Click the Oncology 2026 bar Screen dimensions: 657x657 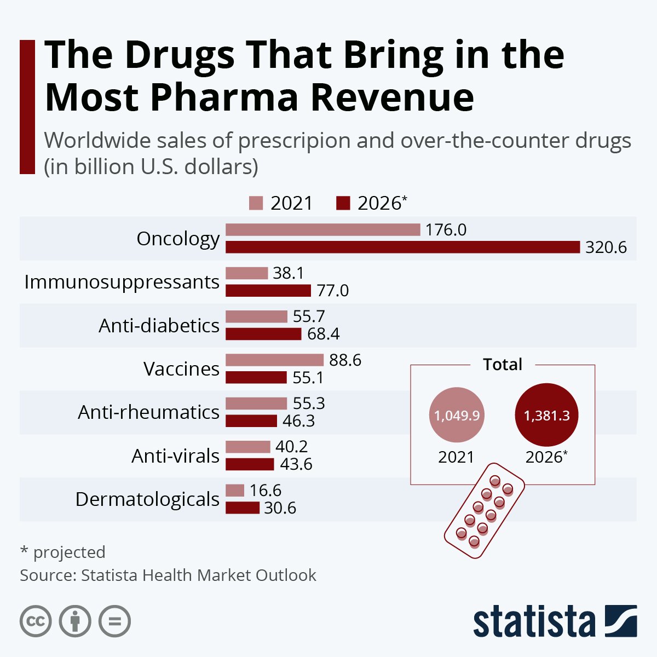[402, 247]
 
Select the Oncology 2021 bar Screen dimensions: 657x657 [323, 230]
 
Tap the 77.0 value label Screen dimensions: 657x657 [332, 290]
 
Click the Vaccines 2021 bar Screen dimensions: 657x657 [275, 360]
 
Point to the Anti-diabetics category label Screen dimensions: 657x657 [159, 326]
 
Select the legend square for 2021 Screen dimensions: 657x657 [256, 203]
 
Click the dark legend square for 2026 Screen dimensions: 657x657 [343, 203]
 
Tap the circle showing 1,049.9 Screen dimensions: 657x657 [457, 416]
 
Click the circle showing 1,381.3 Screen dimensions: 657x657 [546, 416]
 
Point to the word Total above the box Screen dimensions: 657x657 [503, 365]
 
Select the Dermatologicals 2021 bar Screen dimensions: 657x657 [235, 491]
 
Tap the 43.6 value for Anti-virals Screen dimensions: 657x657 [296, 464]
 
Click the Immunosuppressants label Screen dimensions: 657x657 [122, 283]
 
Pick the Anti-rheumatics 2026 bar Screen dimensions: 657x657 [251, 421]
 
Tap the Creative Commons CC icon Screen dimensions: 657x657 [36, 621]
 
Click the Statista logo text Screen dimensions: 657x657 [534, 623]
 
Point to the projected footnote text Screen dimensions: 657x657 [62, 552]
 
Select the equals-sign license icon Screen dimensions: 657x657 [114, 621]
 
